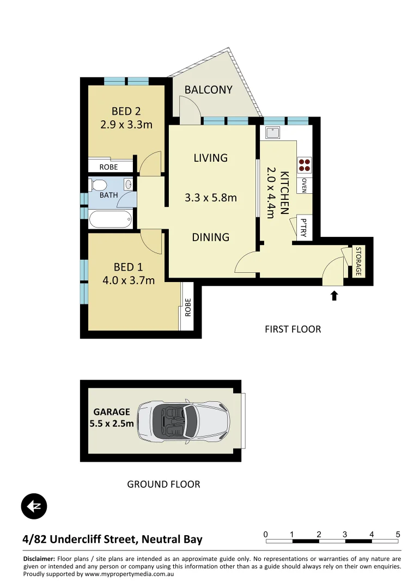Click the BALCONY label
pos(208,90)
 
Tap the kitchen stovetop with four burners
pos(304,164)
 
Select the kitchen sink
pos(272,132)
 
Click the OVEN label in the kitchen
pos(304,185)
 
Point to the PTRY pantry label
pos(303,228)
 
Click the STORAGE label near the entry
pos(358,261)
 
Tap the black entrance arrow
pos(334,296)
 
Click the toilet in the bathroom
pos(99,184)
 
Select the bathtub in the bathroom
pos(111,220)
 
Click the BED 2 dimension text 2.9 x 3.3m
pos(126,124)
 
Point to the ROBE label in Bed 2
pos(108,167)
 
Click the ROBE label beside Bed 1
pos(188,308)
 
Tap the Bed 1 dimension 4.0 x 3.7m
pos(128,281)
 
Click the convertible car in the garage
pos(184,421)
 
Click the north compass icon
pos(34,507)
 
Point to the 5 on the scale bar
pos(398,534)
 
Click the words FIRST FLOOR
pos(293,329)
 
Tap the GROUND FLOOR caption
pos(163,484)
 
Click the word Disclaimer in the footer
pos(39,559)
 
